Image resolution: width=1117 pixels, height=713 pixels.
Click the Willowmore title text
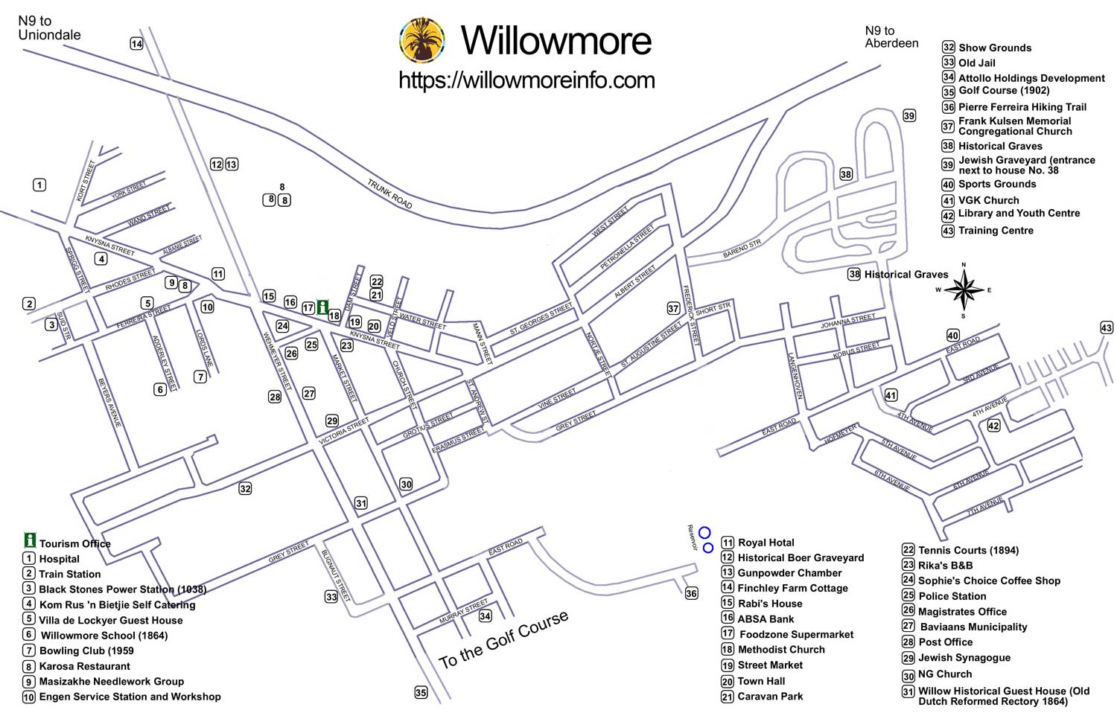(x=556, y=40)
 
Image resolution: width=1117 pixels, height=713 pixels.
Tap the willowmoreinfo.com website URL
(x=526, y=80)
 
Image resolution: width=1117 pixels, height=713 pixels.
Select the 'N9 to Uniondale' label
(x=49, y=28)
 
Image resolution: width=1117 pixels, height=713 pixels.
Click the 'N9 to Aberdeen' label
(x=891, y=36)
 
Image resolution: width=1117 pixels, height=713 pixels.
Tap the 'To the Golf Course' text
(x=503, y=639)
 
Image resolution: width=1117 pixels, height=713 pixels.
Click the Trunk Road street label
(x=389, y=194)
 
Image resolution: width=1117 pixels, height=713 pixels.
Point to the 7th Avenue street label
(x=985, y=506)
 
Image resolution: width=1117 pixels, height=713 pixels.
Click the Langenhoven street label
(x=794, y=376)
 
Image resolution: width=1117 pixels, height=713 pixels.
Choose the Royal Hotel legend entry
(x=766, y=543)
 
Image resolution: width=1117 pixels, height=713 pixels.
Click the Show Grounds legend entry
(x=994, y=48)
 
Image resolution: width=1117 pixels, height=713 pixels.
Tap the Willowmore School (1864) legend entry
(x=104, y=636)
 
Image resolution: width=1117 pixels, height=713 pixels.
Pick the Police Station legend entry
(x=952, y=596)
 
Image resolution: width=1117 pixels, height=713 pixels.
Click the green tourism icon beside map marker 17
(x=322, y=307)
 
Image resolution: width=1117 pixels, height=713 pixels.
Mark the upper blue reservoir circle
(x=704, y=532)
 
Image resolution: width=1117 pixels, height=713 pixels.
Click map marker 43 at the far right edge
(x=1107, y=327)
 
